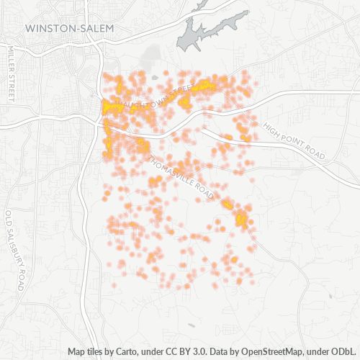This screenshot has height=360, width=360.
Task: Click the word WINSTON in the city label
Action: click(x=48, y=28)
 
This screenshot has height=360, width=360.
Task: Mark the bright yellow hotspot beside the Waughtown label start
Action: click(x=112, y=108)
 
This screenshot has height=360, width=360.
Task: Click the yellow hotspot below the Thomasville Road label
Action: click(x=240, y=215)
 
